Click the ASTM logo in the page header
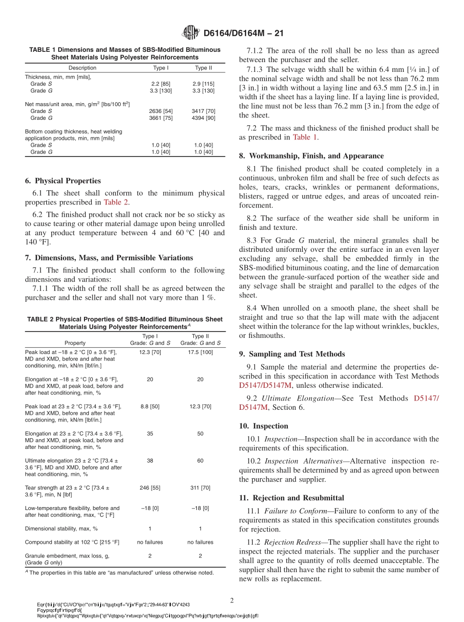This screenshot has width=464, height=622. pos(190,33)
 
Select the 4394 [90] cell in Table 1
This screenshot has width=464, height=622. pos(204,118)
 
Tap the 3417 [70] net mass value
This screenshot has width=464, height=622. pos(204,111)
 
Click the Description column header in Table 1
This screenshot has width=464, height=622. pos(83,68)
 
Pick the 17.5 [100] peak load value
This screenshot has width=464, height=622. pos(200,352)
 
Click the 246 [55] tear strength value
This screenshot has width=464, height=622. pos(150,488)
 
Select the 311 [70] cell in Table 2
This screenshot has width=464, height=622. pos(200,488)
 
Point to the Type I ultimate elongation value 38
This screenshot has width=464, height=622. pos(150,461)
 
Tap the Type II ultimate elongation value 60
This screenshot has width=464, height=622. pos(200,461)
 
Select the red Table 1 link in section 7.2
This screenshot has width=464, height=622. pos(305,137)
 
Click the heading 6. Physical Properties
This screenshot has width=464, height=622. pos(63,180)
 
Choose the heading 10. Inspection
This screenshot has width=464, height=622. pos(264,426)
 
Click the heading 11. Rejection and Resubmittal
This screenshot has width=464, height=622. pos(292,498)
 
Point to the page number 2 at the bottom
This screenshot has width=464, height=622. pos(232,600)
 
